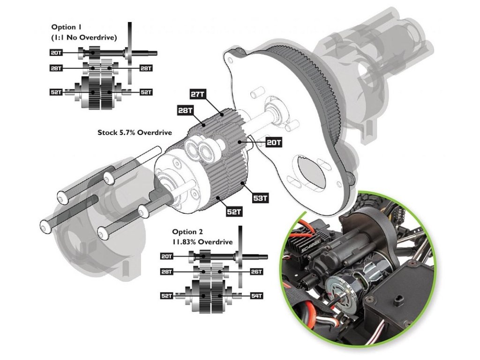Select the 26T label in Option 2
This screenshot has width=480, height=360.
click(x=256, y=271)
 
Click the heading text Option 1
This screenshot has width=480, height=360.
click(x=66, y=28)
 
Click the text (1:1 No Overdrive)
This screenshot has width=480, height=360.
click(x=84, y=37)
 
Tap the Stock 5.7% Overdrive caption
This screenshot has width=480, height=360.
click(x=131, y=133)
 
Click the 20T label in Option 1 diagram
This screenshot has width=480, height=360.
click(x=57, y=52)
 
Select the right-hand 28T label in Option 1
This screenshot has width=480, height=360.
click(x=146, y=68)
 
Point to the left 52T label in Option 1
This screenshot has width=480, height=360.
click(x=57, y=92)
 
